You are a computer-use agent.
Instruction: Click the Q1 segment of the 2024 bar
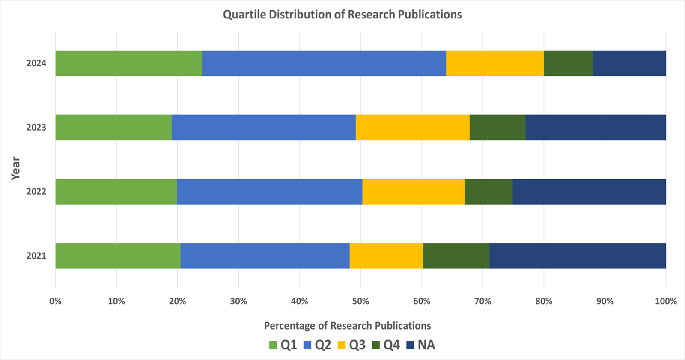pos(128,63)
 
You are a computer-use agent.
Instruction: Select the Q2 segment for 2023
pos(263,128)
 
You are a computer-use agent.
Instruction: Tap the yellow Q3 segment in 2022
pos(413,192)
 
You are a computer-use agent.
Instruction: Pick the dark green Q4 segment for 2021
pos(456,256)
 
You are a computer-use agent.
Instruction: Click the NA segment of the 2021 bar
pos(578,256)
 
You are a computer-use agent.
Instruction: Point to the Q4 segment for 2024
pos(568,63)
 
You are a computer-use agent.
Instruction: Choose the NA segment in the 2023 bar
pos(596,128)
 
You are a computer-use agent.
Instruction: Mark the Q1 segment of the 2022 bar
pos(116,192)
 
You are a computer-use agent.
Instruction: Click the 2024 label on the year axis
pos(36,63)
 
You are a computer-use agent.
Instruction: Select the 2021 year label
pos(36,256)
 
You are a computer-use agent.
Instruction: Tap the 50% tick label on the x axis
pos(360,301)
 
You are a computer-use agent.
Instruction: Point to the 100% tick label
pos(666,301)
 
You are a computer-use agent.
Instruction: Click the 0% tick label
pos(55,301)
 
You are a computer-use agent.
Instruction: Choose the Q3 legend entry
pos(352,345)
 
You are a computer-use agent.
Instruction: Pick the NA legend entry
pos(421,345)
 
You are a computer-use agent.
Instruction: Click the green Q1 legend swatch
pos(273,345)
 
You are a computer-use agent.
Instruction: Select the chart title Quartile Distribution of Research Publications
pos(342,15)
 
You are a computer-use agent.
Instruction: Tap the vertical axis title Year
pos(15,168)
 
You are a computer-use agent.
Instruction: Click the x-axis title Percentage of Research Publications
pos(347,326)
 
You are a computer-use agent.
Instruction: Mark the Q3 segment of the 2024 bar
pos(494,63)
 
